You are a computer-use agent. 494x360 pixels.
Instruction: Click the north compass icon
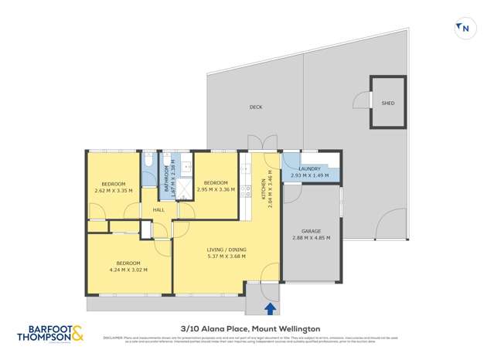click(464, 29)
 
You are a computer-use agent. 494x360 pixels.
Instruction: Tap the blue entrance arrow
click(270, 308)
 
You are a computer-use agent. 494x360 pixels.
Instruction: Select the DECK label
click(256, 107)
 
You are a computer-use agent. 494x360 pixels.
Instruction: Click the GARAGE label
click(309, 230)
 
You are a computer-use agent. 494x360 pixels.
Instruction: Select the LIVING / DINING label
click(227, 249)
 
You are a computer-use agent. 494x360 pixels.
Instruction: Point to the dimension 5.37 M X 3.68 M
click(227, 256)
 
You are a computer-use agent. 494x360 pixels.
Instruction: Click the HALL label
click(158, 210)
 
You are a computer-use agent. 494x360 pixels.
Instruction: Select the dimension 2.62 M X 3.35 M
click(113, 190)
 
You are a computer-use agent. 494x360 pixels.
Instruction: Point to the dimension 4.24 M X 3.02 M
click(128, 270)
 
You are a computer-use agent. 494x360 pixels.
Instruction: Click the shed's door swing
click(361, 100)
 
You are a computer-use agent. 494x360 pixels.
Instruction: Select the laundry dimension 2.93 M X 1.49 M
click(309, 176)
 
